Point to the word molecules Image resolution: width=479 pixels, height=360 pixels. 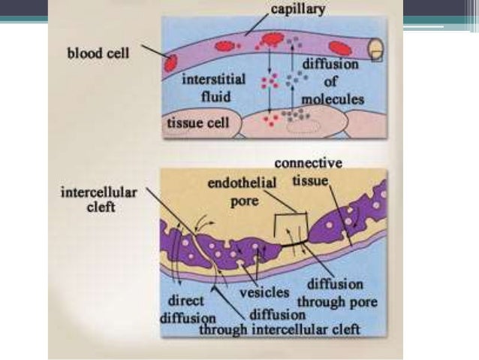[x=332, y=99]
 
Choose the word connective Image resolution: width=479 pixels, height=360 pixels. [x=308, y=163]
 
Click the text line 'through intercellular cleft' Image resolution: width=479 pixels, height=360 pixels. [x=280, y=328]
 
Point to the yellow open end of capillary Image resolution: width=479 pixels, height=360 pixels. [x=376, y=49]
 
